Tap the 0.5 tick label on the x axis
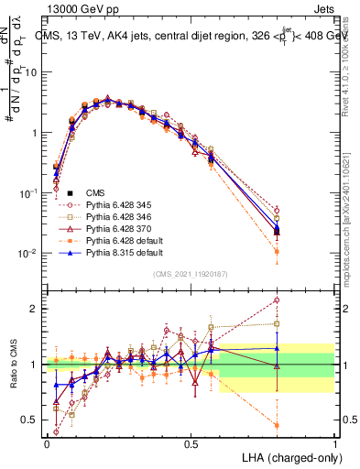[191, 443]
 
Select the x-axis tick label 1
[335, 443]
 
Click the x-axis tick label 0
[47, 443]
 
